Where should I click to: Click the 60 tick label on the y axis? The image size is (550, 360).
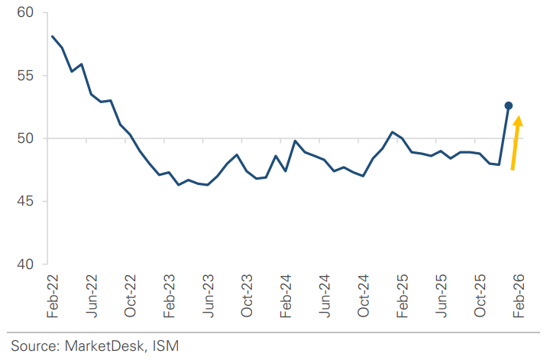(x=26, y=12)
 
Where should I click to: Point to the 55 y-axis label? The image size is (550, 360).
(x=26, y=76)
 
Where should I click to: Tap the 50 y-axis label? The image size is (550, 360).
(x=26, y=138)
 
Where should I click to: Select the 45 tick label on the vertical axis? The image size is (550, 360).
(x=26, y=202)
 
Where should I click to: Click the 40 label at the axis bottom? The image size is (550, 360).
(x=26, y=264)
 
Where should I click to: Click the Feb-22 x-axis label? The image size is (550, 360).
(x=53, y=297)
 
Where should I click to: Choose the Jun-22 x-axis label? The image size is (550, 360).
(x=92, y=297)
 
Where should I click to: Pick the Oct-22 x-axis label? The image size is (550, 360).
(x=131, y=297)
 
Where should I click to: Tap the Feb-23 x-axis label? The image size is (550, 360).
(x=170, y=297)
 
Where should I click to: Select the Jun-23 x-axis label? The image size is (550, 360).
(x=209, y=297)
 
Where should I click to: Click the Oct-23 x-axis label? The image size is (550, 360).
(x=247, y=297)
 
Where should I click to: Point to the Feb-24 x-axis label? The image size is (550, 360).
(x=286, y=297)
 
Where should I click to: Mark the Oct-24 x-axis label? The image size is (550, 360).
(x=364, y=297)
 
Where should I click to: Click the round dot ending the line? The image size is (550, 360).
(x=508, y=105)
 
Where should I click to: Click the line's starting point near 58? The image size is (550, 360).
(x=52, y=36)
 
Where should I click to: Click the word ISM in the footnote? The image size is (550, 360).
(x=167, y=346)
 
